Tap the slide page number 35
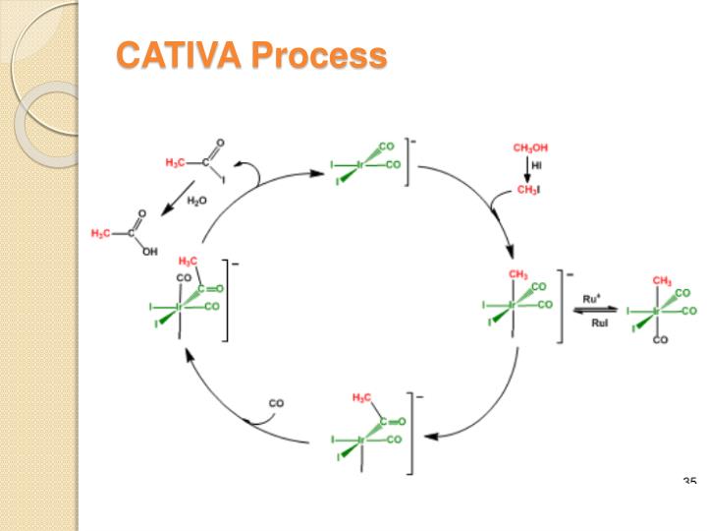tap(688, 481)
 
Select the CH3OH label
tap(530, 147)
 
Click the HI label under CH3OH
tap(536, 164)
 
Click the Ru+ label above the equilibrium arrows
tap(590, 298)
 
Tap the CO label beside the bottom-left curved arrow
tap(277, 402)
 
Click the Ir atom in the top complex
tap(362, 164)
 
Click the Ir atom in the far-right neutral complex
tap(655, 312)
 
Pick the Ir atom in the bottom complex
tap(361, 439)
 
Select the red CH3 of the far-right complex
tap(662, 281)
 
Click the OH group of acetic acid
tap(149, 252)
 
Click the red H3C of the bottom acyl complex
tap(362, 397)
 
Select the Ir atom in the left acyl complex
tap(179, 307)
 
